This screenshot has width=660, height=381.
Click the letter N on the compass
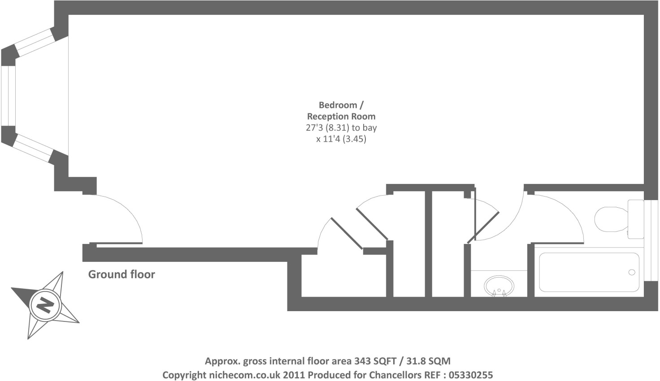tap(45, 305)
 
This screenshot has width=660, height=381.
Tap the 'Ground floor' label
tap(122, 274)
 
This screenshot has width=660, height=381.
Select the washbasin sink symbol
tap(499, 285)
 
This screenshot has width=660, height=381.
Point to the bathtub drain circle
tap(632, 272)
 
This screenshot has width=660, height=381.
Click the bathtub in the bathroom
tap(589, 272)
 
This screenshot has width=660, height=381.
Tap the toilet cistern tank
tap(635, 219)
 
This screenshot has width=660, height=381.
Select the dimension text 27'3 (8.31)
tap(327, 128)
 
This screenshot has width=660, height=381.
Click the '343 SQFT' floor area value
tap(375, 361)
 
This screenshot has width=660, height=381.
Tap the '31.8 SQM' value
tap(428, 361)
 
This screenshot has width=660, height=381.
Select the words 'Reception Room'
tap(341, 116)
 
